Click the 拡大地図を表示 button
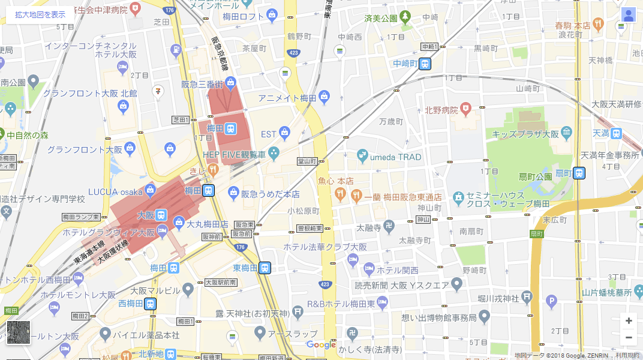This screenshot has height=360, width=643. pyautogui.click(x=40, y=14)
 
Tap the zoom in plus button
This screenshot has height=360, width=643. pyautogui.click(x=628, y=321)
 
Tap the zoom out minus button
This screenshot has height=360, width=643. pyautogui.click(x=628, y=337)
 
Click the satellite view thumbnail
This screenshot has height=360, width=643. pyautogui.click(x=19, y=332)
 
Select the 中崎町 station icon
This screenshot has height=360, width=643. pyautogui.click(x=425, y=64)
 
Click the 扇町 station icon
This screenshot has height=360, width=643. pyautogui.click(x=579, y=173)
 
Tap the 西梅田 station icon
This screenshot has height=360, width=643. pyautogui.click(x=150, y=304)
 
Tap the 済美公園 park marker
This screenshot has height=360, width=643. pyautogui.click(x=405, y=17)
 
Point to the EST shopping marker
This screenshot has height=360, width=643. pyautogui.click(x=284, y=133)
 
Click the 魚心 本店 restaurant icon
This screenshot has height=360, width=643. pyautogui.click(x=340, y=193)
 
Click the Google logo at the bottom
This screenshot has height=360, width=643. pyautogui.click(x=321, y=344)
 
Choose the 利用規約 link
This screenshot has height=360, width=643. pyautogui.click(x=627, y=355)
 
